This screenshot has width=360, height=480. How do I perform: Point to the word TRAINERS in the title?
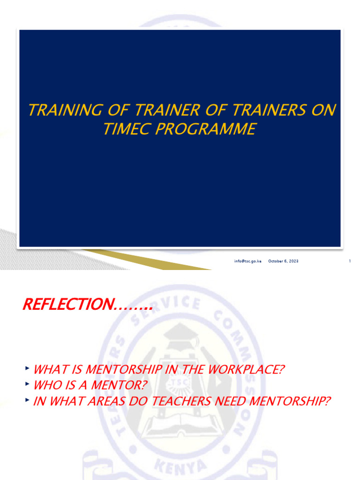pos(265,110)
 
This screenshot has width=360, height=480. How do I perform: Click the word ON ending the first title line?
pos(325,110)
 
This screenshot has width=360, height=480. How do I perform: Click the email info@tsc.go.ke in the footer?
pos(248,261)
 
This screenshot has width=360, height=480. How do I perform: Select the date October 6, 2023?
pos(283,261)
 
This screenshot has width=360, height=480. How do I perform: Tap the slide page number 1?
pos(350,261)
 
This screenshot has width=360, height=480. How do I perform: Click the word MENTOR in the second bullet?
pos(121,385)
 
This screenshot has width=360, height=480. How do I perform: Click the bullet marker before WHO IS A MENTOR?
pos(28,384)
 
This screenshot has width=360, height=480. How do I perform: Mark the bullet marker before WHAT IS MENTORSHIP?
pos(28,368)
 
